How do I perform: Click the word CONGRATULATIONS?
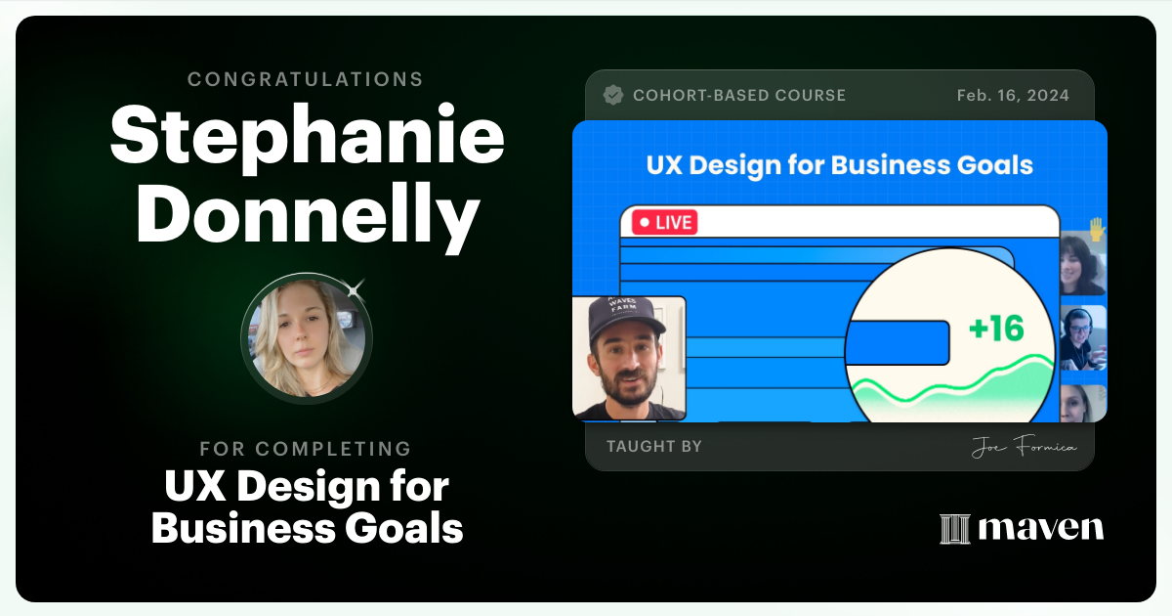tap(306, 79)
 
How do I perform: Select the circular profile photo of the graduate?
tap(307, 338)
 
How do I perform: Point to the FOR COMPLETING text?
tap(306, 449)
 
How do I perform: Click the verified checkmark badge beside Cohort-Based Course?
tap(613, 95)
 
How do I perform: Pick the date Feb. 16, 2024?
tap(1013, 96)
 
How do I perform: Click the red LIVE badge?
tap(664, 222)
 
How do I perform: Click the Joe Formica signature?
tap(1024, 448)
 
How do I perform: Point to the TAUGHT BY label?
tap(653, 447)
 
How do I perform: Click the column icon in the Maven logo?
tap(954, 529)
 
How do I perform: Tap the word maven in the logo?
tap(1040, 529)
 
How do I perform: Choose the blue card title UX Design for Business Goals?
tap(839, 164)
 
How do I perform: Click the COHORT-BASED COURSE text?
tap(739, 96)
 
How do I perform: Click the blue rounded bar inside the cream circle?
tap(897, 344)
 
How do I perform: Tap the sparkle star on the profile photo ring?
tap(355, 288)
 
